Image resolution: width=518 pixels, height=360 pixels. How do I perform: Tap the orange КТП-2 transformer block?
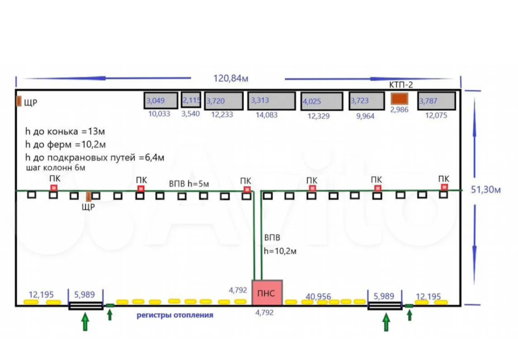[x=400, y=98]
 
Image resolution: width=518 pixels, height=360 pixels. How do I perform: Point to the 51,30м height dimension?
[x=486, y=190]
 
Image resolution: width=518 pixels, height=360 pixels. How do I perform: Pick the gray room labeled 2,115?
[x=191, y=100]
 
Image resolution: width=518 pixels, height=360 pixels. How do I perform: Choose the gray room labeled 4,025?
[x=321, y=102]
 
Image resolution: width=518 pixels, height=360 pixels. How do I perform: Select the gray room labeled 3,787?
[x=436, y=101]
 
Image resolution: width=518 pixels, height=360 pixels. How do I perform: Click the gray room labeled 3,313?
[x=271, y=101]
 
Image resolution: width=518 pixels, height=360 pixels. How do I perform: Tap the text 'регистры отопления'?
[x=175, y=315]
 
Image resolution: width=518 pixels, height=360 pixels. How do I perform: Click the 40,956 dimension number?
[x=318, y=296]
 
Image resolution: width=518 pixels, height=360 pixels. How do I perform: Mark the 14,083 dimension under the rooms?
[x=272, y=115]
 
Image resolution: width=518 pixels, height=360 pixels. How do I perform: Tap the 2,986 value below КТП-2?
[x=400, y=109]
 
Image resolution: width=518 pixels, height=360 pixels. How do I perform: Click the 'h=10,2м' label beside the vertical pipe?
[x=280, y=251]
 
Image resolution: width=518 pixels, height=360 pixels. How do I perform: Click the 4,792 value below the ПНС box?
[x=264, y=313]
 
